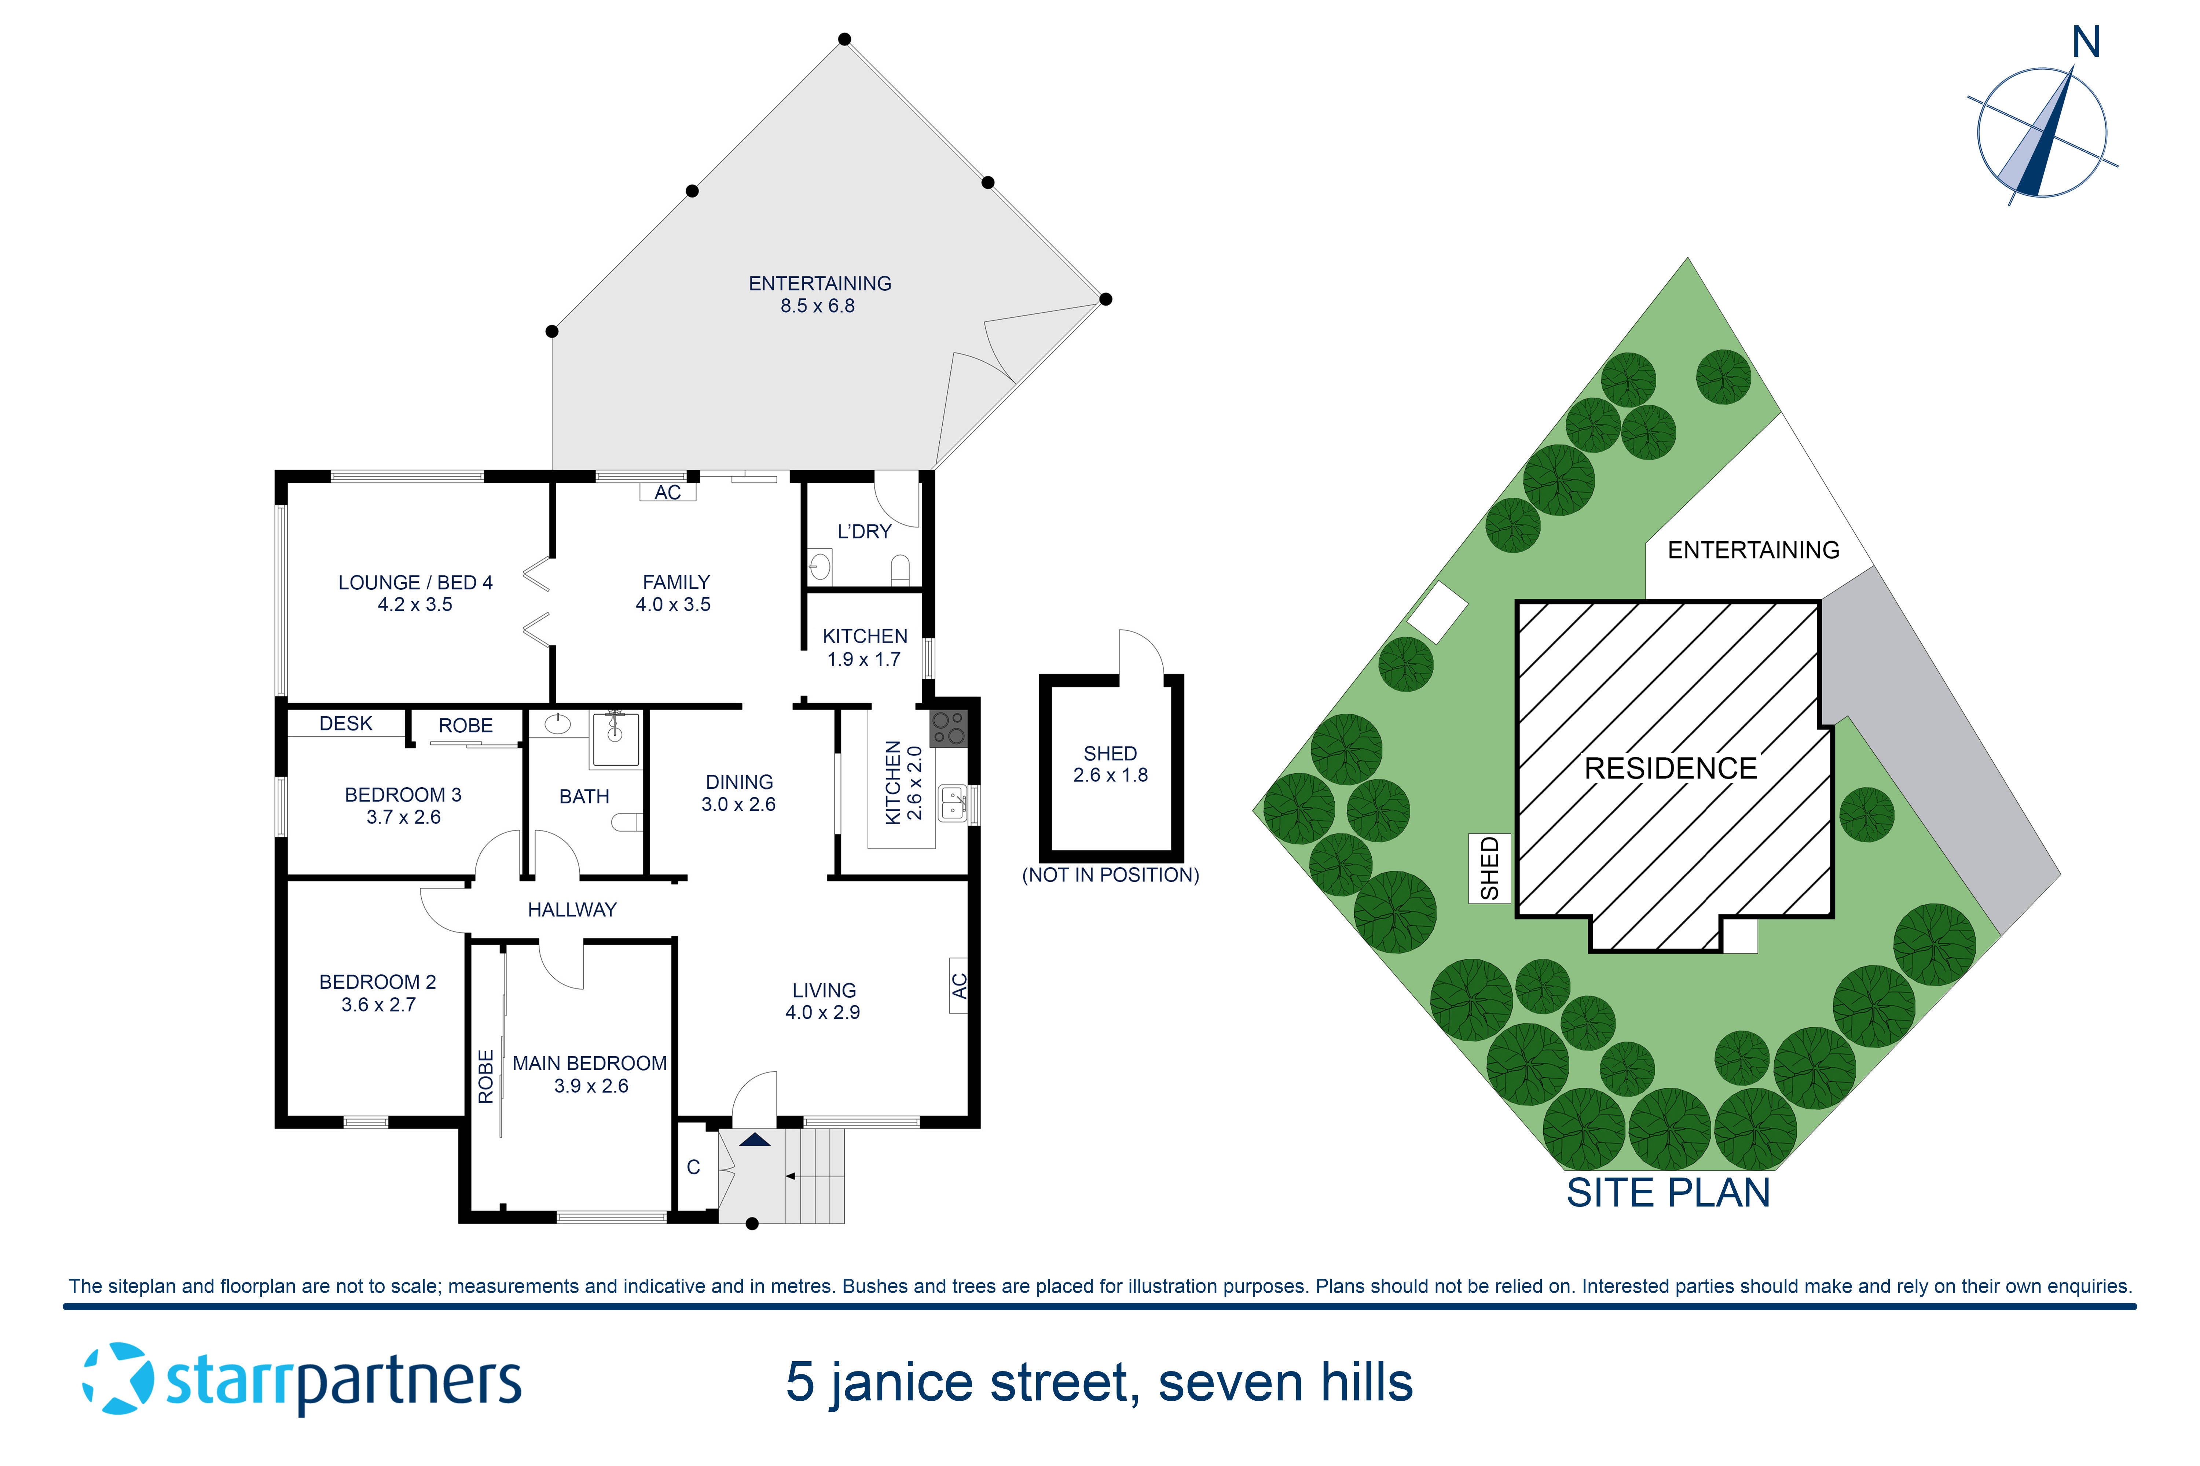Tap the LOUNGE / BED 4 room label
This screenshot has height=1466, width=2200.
point(415,593)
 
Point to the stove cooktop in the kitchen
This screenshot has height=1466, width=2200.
point(949,728)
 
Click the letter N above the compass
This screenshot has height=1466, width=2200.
point(2086,43)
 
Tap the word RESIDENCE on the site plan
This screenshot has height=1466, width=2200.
point(1671,769)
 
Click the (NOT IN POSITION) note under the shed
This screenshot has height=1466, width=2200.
point(1110,875)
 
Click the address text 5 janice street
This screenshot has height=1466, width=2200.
point(1099,1382)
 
